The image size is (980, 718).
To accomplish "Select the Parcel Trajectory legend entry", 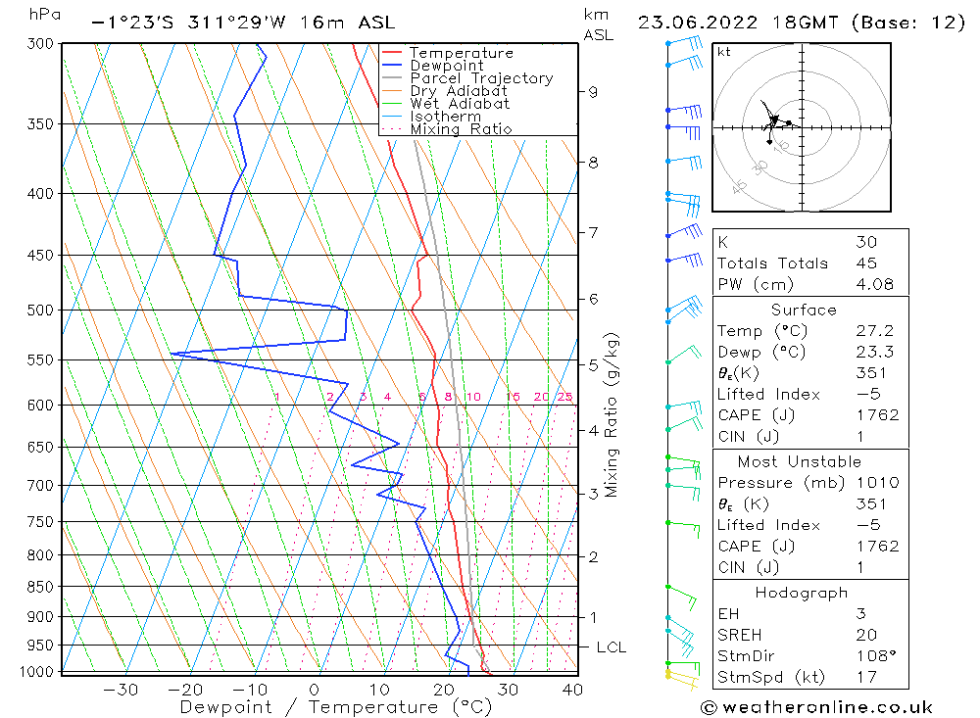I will point(481,78).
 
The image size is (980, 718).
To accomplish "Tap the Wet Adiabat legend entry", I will point(460,104).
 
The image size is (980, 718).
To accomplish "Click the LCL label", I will point(611,647).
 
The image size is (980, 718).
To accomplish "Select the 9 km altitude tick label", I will point(593,92).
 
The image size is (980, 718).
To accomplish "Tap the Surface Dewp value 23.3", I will point(872,352).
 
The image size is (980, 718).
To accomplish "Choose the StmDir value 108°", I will point(872,656).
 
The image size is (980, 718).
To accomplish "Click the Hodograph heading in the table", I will point(803,593).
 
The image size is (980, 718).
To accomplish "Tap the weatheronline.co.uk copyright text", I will point(816,707).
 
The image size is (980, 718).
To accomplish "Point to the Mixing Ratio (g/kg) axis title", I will point(612,414).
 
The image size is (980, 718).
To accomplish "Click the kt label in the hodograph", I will point(724,52).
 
